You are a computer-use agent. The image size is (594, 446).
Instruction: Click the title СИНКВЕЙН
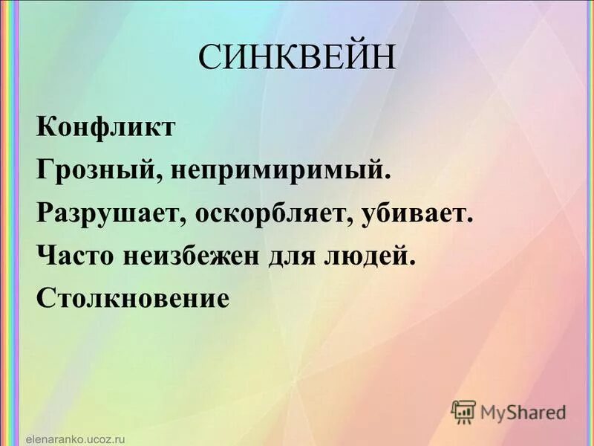pos(297,59)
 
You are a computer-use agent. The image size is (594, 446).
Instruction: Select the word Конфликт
pos(106,127)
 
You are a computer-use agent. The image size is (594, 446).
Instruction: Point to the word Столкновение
pos(131,299)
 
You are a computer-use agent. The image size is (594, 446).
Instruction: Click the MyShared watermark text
pos(523,412)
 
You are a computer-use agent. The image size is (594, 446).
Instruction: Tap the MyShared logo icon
pos(463,411)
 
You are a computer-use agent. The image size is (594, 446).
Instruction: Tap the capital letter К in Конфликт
pos(45,127)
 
